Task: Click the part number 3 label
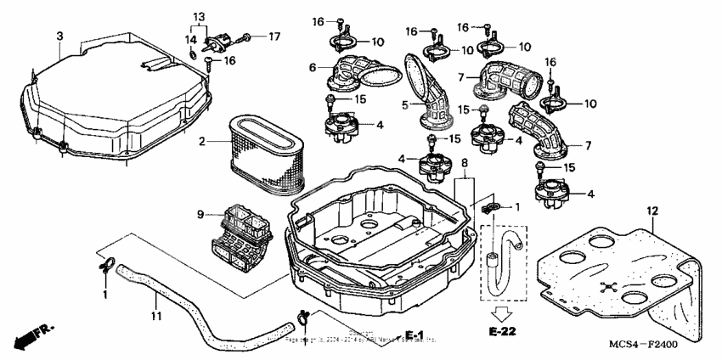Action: (x=59, y=36)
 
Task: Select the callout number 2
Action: (x=202, y=141)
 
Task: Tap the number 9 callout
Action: (x=200, y=214)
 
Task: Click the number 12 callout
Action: (x=652, y=210)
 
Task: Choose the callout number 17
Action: (x=274, y=37)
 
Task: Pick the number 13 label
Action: (x=199, y=17)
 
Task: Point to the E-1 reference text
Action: (x=414, y=334)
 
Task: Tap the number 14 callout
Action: (x=192, y=39)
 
